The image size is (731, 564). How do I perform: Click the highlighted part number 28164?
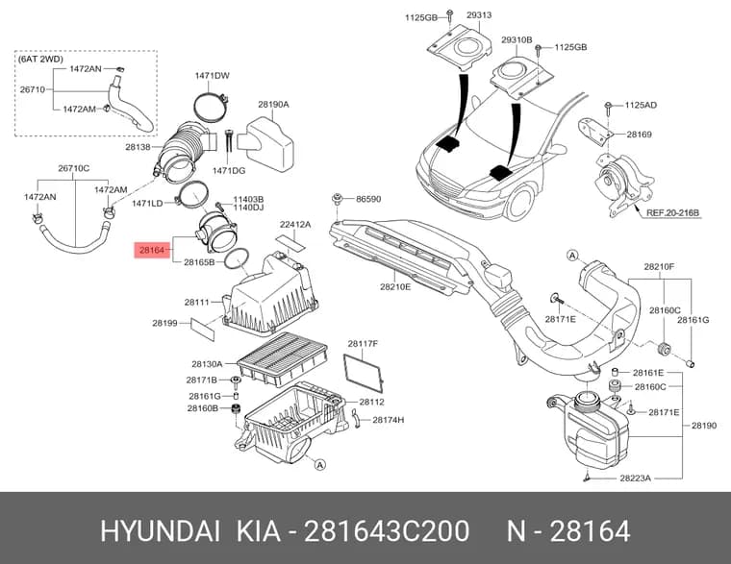pos(152,251)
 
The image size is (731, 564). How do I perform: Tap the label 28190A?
pos(274,105)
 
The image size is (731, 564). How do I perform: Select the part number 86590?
pos(368,199)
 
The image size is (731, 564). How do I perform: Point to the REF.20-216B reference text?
pos(672,213)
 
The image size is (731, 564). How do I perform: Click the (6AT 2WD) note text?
pos(40,60)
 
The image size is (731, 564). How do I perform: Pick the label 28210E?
pos(395,287)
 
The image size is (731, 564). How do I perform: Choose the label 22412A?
pos(295,225)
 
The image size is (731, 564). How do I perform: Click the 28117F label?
pos(363,344)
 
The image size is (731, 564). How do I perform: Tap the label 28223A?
pos(635,478)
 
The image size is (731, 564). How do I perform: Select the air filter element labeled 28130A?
pos(283,358)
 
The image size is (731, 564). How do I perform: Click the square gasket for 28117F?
pos(364,373)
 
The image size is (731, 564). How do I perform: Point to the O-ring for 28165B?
pos(237,259)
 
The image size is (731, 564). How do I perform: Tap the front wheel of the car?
pos(520,205)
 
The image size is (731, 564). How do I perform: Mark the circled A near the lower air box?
pos(319,465)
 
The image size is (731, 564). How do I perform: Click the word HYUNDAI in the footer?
pos(160,531)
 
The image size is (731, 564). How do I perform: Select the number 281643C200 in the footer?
pos(387,531)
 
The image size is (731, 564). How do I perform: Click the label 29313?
pos(479,15)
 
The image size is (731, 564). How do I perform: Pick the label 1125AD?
pos(641,106)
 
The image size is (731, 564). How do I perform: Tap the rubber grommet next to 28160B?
pos(237,409)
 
